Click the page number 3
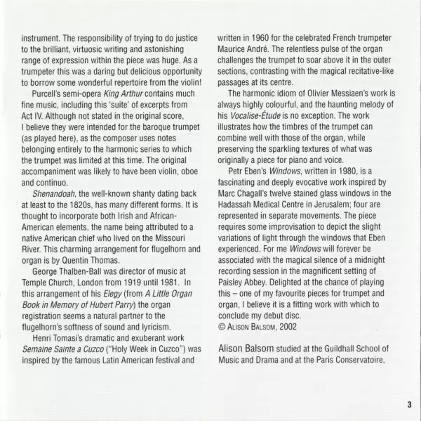click(x=407, y=404)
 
